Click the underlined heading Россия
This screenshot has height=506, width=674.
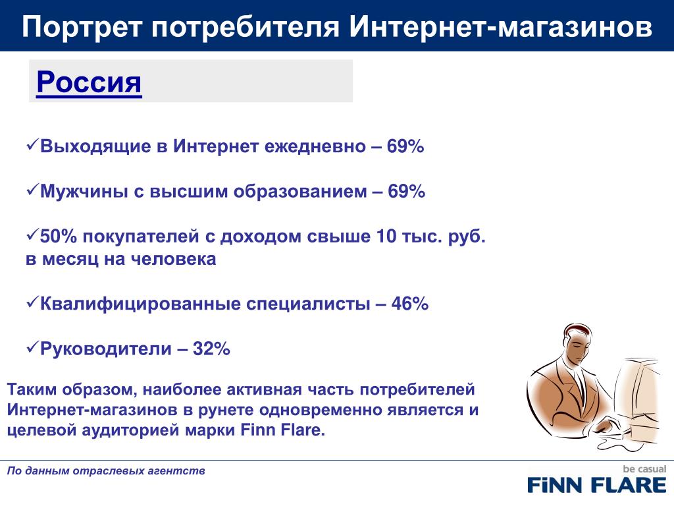pyautogui.click(x=89, y=82)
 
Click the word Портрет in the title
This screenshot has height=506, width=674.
pyautogui.click(x=82, y=26)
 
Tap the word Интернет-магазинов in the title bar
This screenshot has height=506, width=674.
pyautogui.click(x=501, y=26)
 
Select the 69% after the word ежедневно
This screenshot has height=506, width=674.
pyautogui.click(x=405, y=146)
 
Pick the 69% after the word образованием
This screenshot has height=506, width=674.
pyautogui.click(x=406, y=191)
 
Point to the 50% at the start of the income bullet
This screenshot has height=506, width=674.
pyautogui.click(x=59, y=237)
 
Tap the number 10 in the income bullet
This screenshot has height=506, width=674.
pyautogui.click(x=386, y=237)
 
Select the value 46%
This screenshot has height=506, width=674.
pyautogui.click(x=409, y=304)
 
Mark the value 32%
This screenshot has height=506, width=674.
pyautogui.click(x=211, y=349)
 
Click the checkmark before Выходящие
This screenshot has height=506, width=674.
pyautogui.click(x=33, y=144)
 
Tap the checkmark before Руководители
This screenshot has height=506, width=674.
pyautogui.click(x=33, y=347)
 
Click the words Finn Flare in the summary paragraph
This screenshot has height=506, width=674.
pyautogui.click(x=282, y=430)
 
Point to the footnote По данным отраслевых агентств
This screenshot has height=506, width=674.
pyautogui.click(x=106, y=470)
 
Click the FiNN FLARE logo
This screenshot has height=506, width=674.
pyautogui.click(x=596, y=485)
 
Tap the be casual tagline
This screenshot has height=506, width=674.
pyautogui.click(x=644, y=469)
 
